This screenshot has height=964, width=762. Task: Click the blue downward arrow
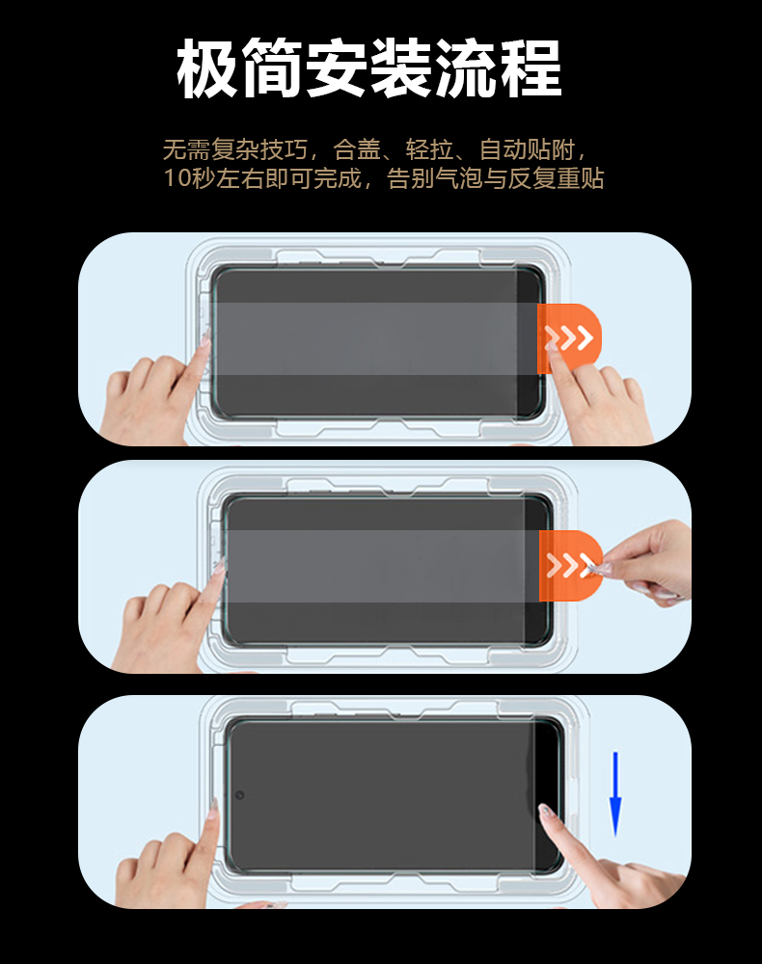[615, 794]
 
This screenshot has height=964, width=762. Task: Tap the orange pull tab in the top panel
[569, 338]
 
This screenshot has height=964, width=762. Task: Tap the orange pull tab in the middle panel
[571, 566]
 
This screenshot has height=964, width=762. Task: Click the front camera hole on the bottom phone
[240, 795]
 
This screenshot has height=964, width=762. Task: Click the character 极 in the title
[207, 67]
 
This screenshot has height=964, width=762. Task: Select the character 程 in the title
[531, 67]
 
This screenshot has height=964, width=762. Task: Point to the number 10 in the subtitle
[177, 179]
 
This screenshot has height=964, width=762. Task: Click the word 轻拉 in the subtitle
[430, 149]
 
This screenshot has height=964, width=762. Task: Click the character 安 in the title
[337, 67]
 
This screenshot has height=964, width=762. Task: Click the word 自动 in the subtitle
[503, 149]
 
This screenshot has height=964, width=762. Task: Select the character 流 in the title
[466, 67]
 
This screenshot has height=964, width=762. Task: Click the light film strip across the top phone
[375, 338]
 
